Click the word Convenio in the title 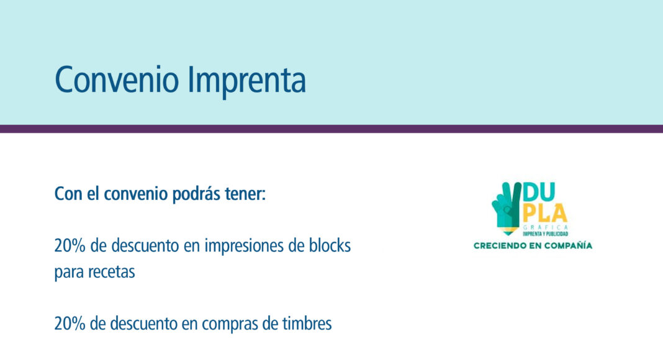[117, 79]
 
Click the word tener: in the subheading [245, 194]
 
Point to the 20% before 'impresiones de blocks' [70, 246]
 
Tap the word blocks [330, 245]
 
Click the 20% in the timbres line [70, 323]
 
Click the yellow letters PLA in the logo [545, 214]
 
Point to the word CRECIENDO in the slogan [497, 246]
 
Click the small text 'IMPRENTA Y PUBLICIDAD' [546, 233]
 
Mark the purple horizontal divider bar [331, 129]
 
